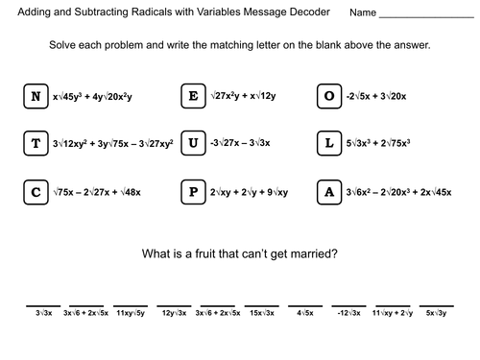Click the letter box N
tap(36, 96)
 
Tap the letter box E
tap(193, 96)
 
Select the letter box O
tap(330, 96)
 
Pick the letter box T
tap(36, 144)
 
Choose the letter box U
tap(193, 144)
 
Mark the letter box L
tap(330, 144)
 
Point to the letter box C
tap(36, 192)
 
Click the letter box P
tap(193, 192)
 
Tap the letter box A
tap(330, 192)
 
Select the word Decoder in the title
tap(305, 13)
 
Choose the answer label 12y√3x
tap(174, 313)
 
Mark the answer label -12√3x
tap(350, 313)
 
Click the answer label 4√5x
tap(308, 313)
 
